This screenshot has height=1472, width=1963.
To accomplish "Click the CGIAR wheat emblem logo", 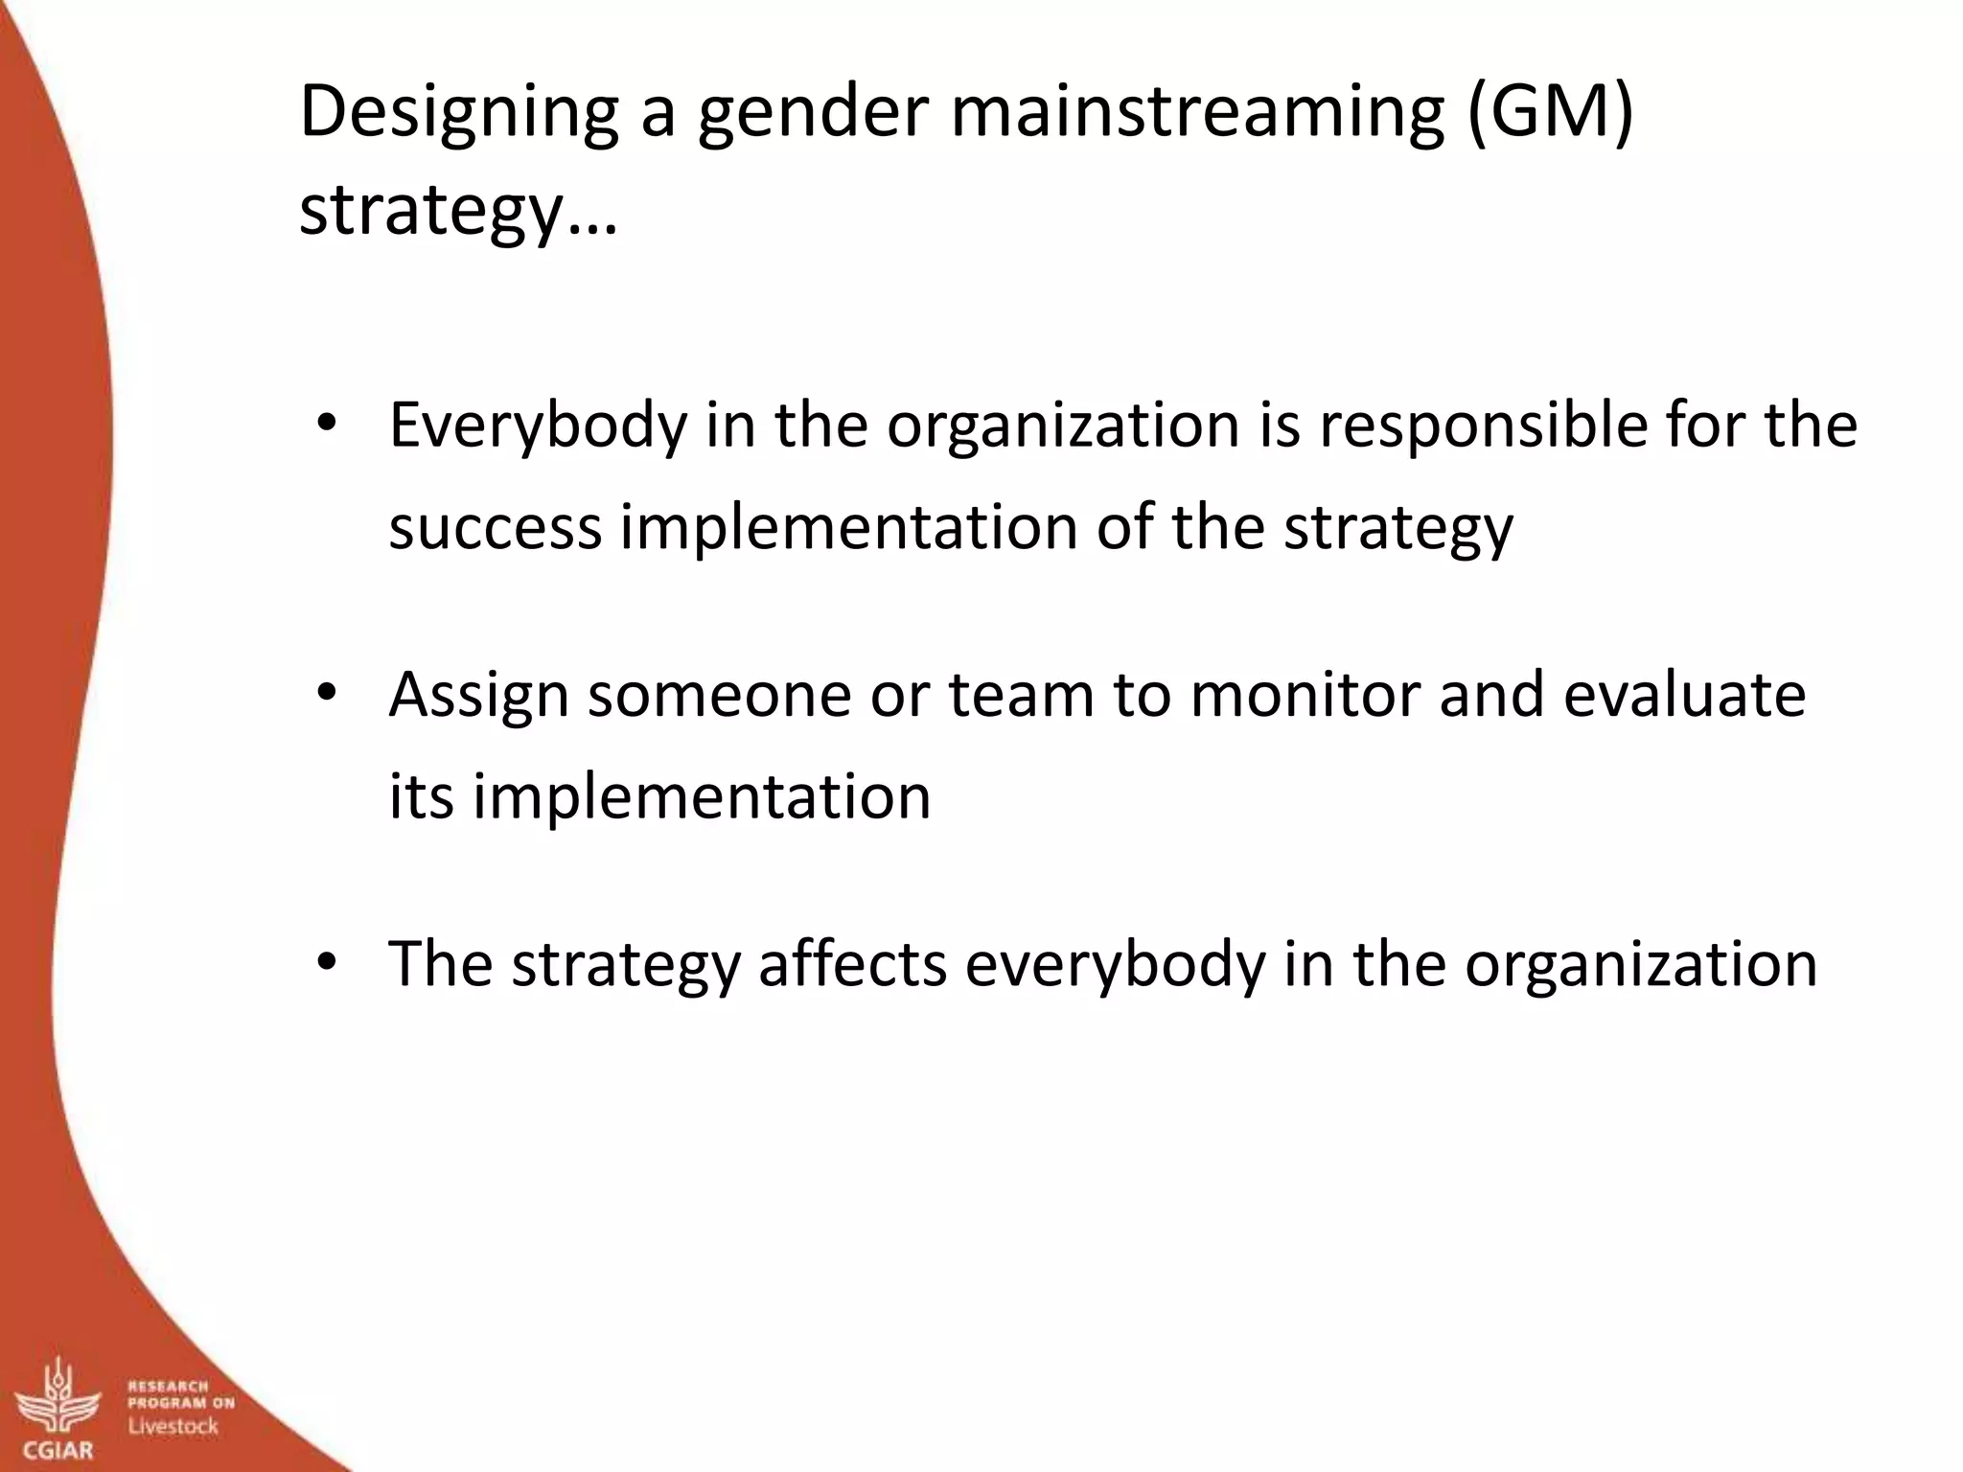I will click(x=60, y=1399).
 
